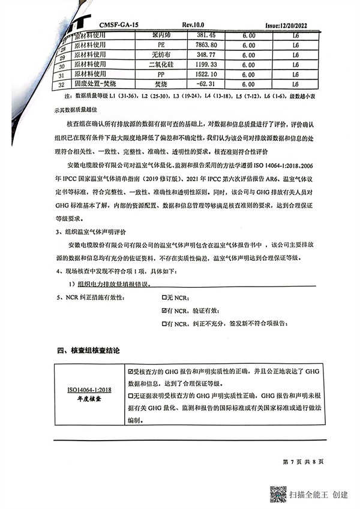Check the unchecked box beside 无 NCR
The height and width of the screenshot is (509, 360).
pos(165,297)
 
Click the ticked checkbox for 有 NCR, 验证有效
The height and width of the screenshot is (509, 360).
pos(165,311)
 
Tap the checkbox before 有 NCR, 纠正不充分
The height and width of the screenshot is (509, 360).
pos(165,324)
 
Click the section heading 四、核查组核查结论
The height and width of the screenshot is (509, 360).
pos(88,351)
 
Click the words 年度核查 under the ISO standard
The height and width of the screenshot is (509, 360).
pos(89,399)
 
